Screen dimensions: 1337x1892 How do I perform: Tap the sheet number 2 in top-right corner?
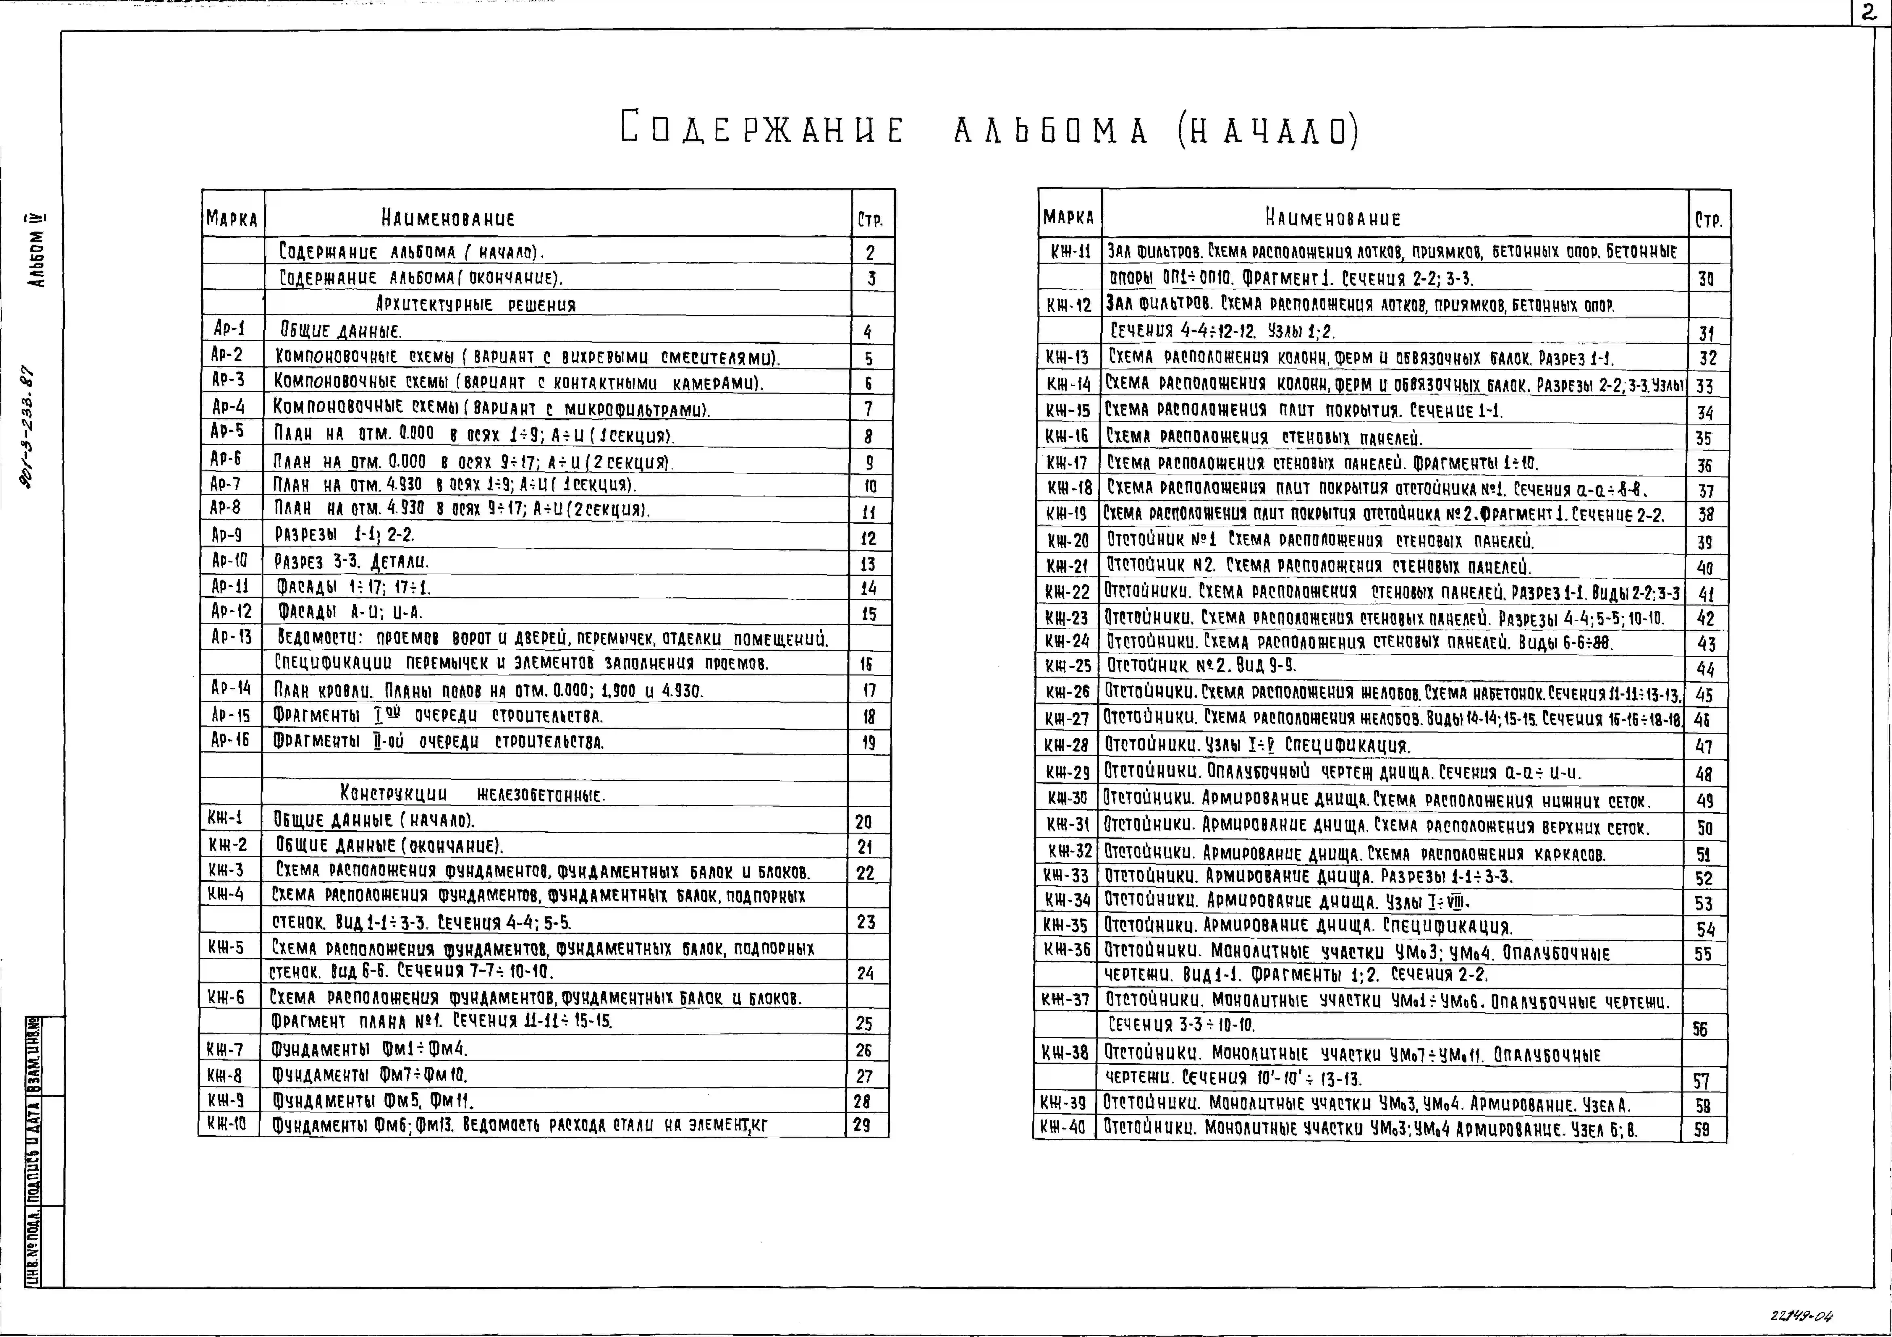coord(1869,14)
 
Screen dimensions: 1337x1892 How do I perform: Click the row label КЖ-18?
coord(1069,488)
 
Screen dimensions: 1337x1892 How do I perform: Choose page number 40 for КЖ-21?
coord(1704,567)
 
